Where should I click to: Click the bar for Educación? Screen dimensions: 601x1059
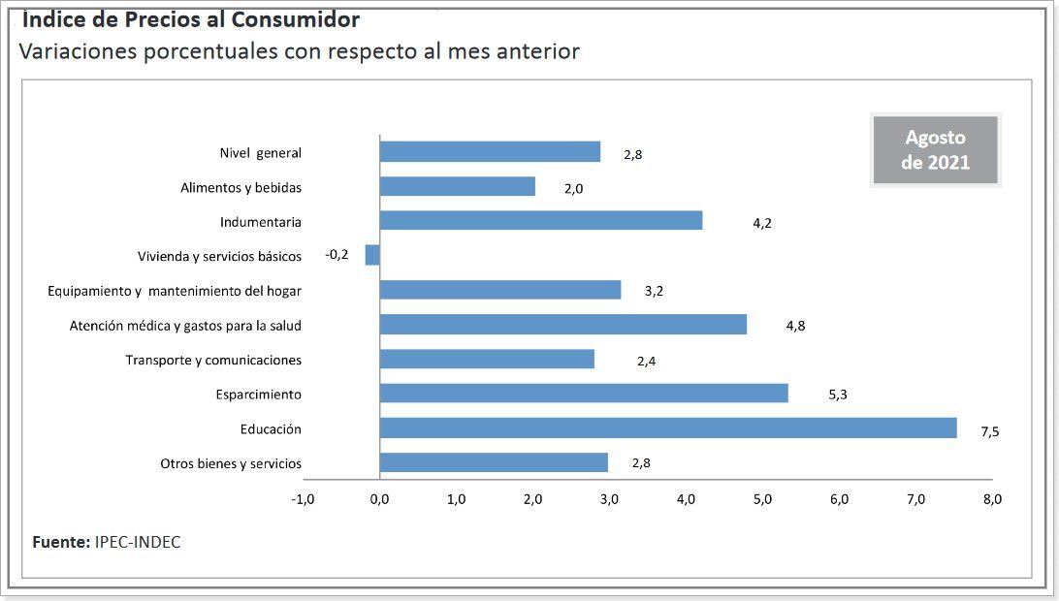667,427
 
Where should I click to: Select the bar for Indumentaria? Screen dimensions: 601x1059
540,221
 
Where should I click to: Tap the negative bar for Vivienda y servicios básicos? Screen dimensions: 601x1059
372,255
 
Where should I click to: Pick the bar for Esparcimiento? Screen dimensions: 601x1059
583,393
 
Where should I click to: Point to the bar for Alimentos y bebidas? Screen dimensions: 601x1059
457,186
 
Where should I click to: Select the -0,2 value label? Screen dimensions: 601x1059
337,255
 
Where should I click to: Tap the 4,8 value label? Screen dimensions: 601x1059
795,326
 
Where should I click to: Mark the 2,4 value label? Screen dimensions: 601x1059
647,361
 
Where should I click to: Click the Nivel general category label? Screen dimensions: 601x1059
260,153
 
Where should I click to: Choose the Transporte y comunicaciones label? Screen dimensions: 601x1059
213,361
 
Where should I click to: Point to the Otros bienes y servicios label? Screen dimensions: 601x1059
231,463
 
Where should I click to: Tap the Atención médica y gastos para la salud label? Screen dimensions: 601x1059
185,326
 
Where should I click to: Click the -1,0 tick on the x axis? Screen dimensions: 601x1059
303,499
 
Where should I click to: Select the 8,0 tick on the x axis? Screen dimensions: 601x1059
992,499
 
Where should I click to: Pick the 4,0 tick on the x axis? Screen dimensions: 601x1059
686,499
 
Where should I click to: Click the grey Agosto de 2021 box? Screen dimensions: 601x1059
935,150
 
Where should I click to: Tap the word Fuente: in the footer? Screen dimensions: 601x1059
61,542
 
